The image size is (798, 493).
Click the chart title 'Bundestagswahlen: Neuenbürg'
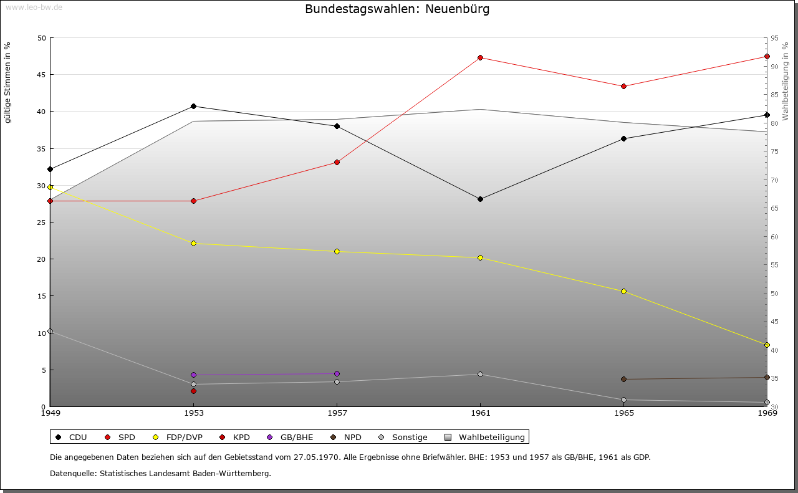[397, 9]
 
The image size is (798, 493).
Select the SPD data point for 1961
[480, 57]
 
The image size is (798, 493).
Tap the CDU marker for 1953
[193, 106]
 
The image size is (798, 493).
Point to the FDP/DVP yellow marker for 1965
[623, 291]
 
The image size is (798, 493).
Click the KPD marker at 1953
[193, 391]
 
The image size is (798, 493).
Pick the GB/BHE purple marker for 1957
[337, 373]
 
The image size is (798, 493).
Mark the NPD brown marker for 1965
[623, 379]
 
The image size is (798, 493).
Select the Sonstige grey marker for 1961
[480, 374]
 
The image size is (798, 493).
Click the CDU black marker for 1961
[480, 199]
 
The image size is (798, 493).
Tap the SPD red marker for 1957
[337, 162]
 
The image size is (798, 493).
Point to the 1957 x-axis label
[337, 413]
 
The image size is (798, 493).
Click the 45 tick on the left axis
[41, 75]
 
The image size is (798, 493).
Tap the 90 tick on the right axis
[774, 67]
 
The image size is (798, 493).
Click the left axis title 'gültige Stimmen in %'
[7, 82]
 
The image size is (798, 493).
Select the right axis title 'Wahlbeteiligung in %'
[785, 81]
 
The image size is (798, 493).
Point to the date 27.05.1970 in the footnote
[315, 457]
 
